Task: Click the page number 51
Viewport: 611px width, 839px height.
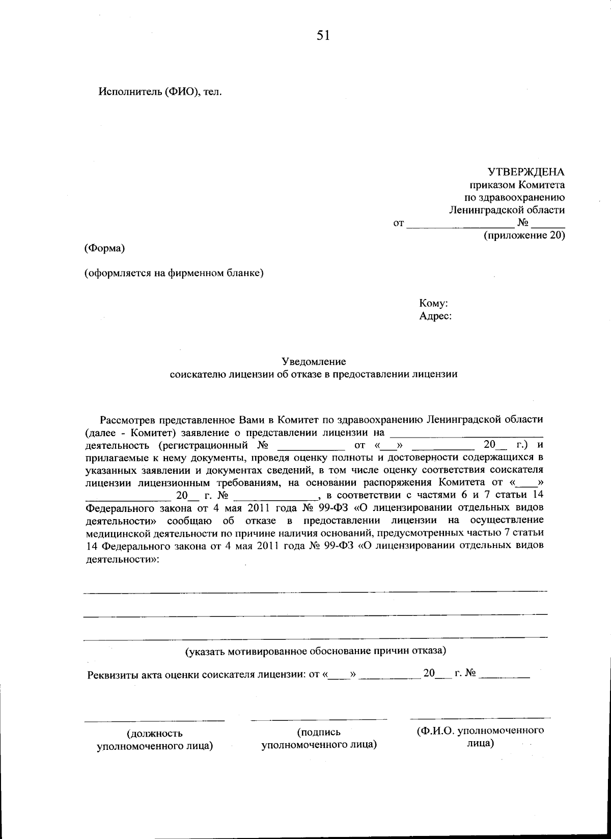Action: coord(323,36)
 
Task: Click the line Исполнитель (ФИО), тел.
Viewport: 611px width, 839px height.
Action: coord(160,92)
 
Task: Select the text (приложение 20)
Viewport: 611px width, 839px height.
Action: coord(523,235)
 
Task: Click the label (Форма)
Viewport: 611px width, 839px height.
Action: coord(104,249)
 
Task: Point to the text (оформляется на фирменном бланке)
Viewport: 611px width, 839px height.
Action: coord(174,274)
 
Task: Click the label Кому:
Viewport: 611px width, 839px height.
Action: coord(433,303)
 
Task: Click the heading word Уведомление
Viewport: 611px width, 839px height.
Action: coord(314,362)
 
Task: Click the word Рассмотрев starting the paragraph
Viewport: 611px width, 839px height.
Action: coord(128,420)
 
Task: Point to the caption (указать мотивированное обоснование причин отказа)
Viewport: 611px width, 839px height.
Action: coord(316,651)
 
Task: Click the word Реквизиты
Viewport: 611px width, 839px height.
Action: coord(110,675)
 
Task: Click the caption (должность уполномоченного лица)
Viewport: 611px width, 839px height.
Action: coord(155,740)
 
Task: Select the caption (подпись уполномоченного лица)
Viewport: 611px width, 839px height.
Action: coord(319,738)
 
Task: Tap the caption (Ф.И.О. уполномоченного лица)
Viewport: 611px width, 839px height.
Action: coord(480,737)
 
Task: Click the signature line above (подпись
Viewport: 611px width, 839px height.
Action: coord(319,720)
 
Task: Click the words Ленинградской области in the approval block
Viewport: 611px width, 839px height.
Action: coord(507,210)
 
